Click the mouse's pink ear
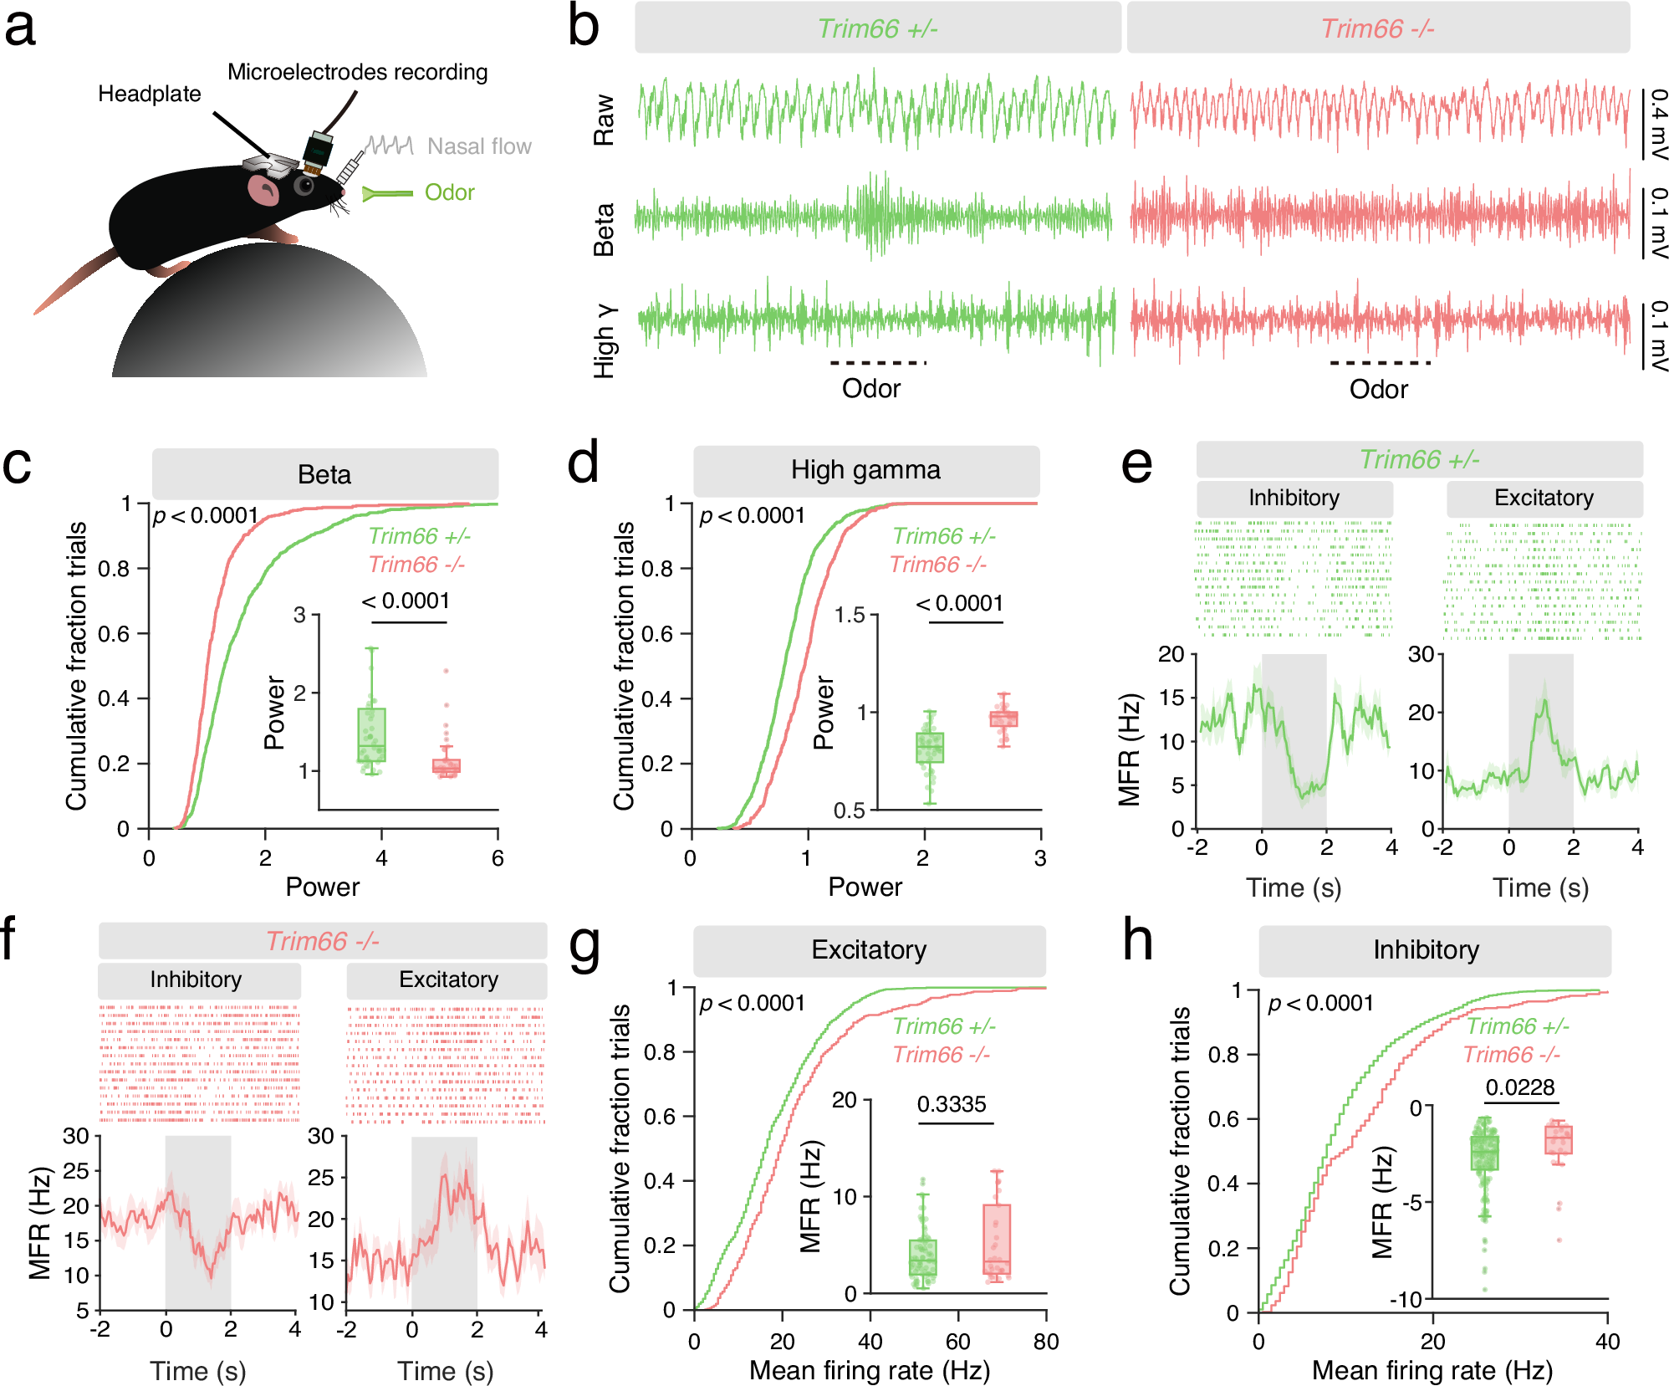264,191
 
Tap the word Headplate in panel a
149,94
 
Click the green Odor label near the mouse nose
449,192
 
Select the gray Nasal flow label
478,146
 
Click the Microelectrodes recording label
357,72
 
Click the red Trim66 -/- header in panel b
1377,28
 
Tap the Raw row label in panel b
604,120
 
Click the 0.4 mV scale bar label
1658,124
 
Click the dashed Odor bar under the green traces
878,363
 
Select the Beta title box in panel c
324,474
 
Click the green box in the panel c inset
371,734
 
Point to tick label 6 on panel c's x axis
498,858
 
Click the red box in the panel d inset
1003,719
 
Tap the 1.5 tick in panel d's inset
850,616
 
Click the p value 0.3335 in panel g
952,1104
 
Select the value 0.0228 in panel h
1520,1087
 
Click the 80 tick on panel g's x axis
1045,1342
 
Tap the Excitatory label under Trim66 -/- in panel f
448,979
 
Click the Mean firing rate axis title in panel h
1432,1370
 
